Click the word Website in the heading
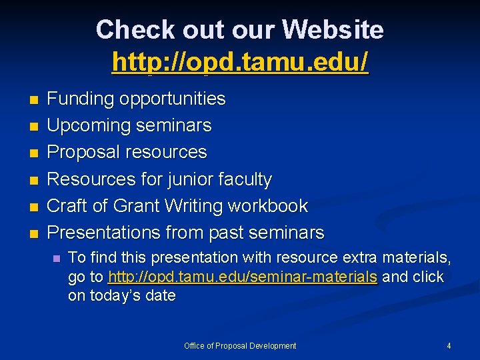[333, 30]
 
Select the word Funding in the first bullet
[80, 99]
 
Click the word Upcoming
[88, 126]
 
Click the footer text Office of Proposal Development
[240, 346]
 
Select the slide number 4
[449, 346]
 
